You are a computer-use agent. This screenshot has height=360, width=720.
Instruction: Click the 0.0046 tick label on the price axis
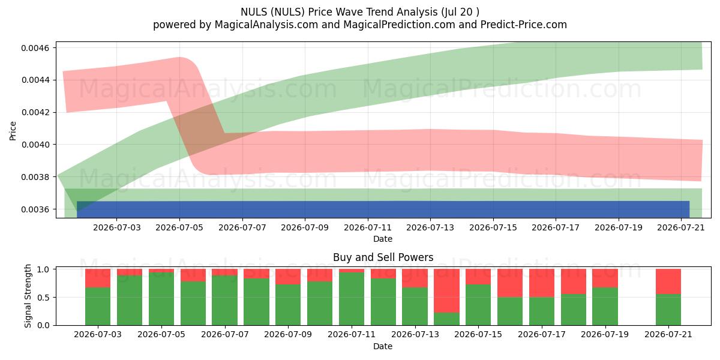pos(35,48)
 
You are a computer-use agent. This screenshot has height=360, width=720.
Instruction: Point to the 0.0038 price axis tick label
pos(35,177)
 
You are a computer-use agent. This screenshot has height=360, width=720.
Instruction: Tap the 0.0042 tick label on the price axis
pos(35,113)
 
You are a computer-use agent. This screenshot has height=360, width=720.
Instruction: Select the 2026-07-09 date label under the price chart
pos(305,227)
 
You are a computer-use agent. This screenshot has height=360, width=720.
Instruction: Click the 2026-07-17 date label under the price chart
pos(556,227)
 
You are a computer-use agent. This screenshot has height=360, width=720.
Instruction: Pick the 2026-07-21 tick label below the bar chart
pos(668,334)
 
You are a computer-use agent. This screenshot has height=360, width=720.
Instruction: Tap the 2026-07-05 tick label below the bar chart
pos(161,334)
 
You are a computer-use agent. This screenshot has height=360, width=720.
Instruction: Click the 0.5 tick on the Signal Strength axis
pos(43,298)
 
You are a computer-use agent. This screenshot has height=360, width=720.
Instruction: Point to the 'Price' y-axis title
pos(13,131)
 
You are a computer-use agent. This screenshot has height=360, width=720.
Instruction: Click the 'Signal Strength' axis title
pos(28,296)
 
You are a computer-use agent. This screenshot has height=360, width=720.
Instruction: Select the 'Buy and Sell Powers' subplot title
pos(383,257)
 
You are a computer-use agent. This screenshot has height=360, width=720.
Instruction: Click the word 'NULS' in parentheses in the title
pos(287,12)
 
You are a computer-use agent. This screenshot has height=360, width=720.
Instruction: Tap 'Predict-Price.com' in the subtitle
pos(524,25)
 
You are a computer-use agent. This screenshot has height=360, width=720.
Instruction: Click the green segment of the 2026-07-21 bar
pos(668,310)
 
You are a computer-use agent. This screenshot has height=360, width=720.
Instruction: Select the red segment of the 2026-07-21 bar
pos(668,281)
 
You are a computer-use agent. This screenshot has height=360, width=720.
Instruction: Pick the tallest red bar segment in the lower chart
pos(446,291)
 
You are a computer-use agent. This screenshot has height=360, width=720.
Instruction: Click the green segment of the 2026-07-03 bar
pos(98,307)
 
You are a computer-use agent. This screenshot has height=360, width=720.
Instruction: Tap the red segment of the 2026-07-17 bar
pos(542,283)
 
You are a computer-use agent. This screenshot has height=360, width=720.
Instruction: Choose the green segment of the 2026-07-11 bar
pos(352,299)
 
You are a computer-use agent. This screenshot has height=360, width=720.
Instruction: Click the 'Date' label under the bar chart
pos(383,347)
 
